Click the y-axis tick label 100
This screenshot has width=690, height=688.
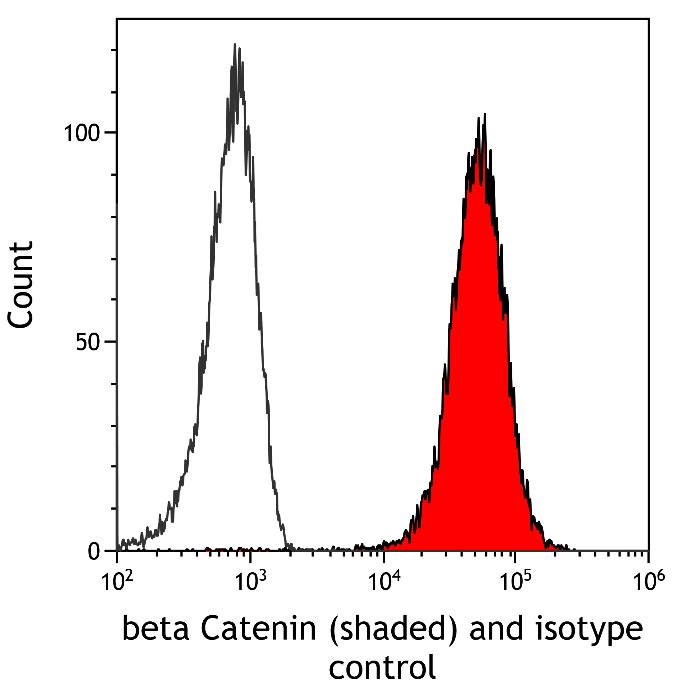81,134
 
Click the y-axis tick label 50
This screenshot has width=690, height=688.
87,343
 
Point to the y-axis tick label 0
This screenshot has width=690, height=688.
94,552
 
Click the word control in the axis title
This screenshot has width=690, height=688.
382,667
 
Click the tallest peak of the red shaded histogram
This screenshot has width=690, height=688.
485,115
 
